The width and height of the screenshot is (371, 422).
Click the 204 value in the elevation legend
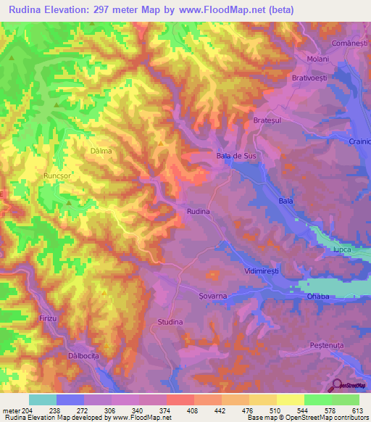click(27, 411)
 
